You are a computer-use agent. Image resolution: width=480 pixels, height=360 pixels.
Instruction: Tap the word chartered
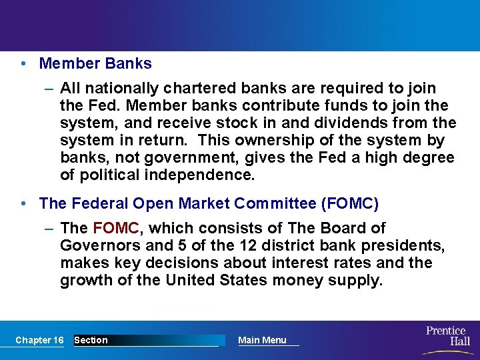click(x=193, y=88)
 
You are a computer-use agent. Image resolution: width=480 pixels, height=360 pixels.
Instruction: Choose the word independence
click(x=195, y=175)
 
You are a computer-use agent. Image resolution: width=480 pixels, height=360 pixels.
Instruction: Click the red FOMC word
click(x=116, y=229)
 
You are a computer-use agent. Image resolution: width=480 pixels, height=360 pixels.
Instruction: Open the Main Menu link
click(x=262, y=340)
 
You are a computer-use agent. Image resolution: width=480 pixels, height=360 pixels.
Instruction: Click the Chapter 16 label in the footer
click(x=39, y=340)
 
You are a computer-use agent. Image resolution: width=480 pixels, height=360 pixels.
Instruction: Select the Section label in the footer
click(x=91, y=340)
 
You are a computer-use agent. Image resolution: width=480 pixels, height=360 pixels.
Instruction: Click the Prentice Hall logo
click(x=448, y=336)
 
